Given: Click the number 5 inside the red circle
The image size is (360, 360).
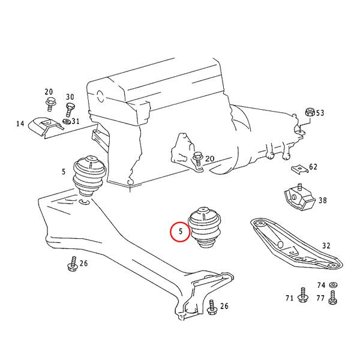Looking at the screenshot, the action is (x=181, y=231).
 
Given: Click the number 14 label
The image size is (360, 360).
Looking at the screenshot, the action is (x=20, y=124).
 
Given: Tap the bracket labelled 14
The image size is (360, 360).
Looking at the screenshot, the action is (x=45, y=127).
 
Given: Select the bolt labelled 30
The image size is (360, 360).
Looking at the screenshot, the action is (x=70, y=110).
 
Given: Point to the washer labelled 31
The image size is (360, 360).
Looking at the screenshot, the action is (x=67, y=121).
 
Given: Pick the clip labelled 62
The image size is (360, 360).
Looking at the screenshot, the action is (x=299, y=169).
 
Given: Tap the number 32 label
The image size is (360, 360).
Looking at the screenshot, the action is (x=326, y=246).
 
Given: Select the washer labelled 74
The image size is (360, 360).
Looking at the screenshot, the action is (x=332, y=285).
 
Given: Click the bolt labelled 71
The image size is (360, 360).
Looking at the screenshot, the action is (x=303, y=295).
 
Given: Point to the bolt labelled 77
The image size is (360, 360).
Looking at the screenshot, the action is (x=332, y=298).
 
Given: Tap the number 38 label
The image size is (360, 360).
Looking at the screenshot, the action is (x=323, y=200).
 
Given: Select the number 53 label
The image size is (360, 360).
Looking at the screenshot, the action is (x=320, y=113).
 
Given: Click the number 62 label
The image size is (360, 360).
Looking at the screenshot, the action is (x=313, y=167).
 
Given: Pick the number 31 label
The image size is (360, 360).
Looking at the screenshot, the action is (x=76, y=121).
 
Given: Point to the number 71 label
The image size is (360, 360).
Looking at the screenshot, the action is (x=290, y=298).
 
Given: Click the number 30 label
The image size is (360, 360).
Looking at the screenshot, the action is (x=70, y=97).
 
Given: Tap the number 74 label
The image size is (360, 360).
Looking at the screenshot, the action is (x=321, y=285).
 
